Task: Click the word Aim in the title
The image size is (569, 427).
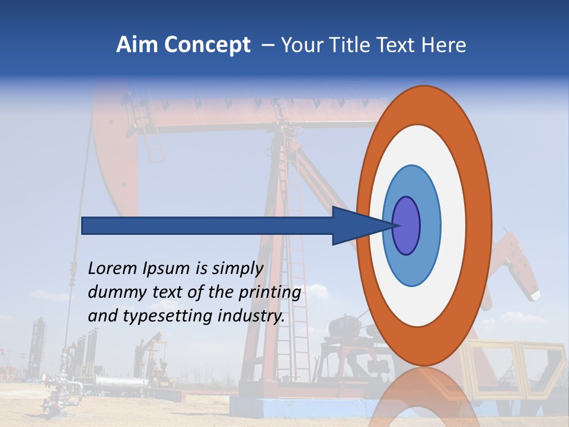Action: click(138, 45)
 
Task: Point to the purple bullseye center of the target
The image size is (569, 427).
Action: click(406, 225)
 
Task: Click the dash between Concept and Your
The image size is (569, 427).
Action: click(267, 45)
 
